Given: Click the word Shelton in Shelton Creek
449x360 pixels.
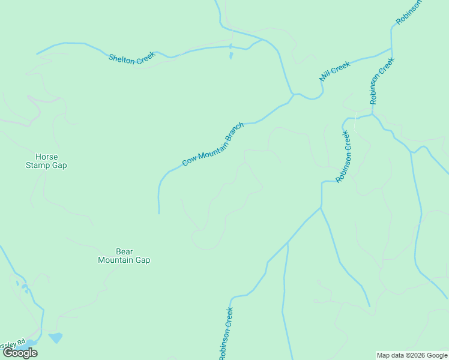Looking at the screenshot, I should (122, 58).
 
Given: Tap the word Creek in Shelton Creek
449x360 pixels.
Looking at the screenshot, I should (145, 56).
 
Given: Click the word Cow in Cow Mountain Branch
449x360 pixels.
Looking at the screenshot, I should (190, 161).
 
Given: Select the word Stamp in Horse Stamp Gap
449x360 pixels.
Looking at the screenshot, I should (38, 166).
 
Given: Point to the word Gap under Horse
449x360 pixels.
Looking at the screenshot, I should (59, 166).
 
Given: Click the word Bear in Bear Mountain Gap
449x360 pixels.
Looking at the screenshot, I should (124, 251).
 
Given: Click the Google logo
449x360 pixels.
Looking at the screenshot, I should (20, 353).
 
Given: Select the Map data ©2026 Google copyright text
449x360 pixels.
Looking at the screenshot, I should (412, 355).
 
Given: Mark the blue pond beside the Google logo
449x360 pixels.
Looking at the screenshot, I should (56, 338).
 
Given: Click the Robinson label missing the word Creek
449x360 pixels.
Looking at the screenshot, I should (409, 12).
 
